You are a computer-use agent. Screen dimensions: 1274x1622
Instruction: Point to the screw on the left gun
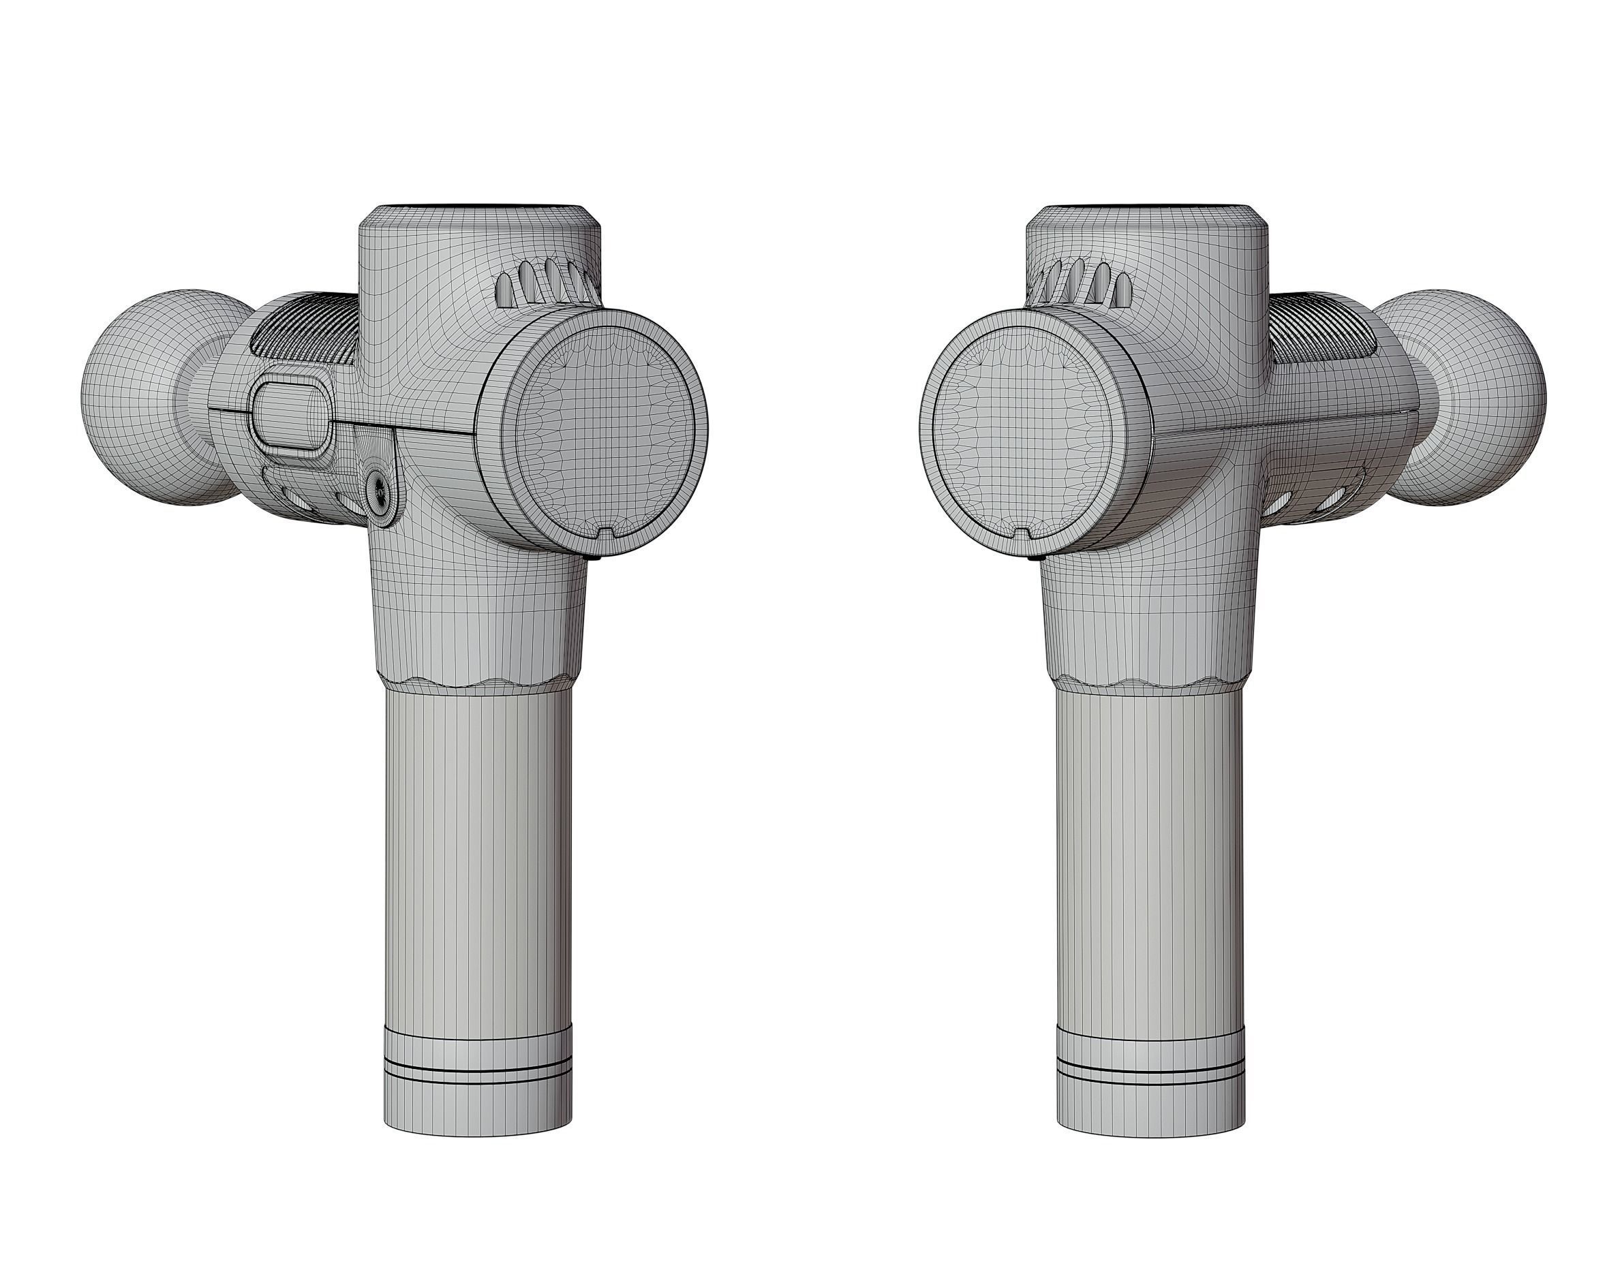(380, 489)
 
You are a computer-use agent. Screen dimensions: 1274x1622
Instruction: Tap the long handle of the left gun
(478, 858)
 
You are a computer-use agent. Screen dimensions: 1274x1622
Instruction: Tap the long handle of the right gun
(1150, 858)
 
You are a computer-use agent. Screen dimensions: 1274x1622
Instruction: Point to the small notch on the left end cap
(608, 533)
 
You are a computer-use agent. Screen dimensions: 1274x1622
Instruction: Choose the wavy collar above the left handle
(478, 683)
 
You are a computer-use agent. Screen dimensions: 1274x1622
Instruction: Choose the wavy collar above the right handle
(1149, 683)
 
